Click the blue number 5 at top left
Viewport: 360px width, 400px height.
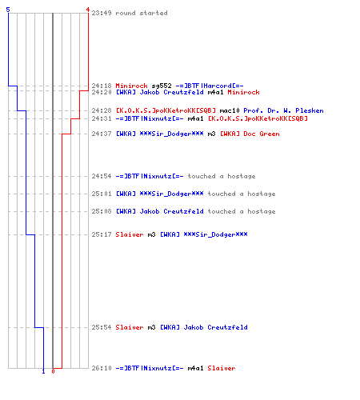[x=8, y=10]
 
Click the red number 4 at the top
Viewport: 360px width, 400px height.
[x=88, y=10]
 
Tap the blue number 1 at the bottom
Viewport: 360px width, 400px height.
[x=44, y=371]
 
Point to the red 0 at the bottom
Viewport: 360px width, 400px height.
[x=53, y=371]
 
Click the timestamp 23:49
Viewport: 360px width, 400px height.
[x=102, y=13]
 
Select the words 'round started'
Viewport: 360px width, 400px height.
[x=142, y=13]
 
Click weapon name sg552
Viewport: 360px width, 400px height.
[x=162, y=86]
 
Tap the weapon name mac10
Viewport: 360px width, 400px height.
[x=230, y=110]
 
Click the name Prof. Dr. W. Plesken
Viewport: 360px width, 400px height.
[x=283, y=110]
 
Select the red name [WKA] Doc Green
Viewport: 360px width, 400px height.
[x=250, y=134]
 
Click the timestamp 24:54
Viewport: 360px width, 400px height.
[x=102, y=176]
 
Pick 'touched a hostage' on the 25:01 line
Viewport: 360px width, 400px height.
[x=242, y=194]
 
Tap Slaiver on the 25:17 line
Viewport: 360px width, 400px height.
[x=130, y=234]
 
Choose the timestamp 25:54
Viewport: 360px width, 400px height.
[x=102, y=327]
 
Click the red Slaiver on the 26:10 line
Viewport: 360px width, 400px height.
[x=222, y=368]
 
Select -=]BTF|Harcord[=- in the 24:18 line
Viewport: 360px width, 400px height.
[x=210, y=86]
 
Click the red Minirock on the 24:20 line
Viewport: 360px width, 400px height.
[x=243, y=92]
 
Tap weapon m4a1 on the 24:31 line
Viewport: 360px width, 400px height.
[x=196, y=118]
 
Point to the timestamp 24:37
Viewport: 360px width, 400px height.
[x=102, y=134]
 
